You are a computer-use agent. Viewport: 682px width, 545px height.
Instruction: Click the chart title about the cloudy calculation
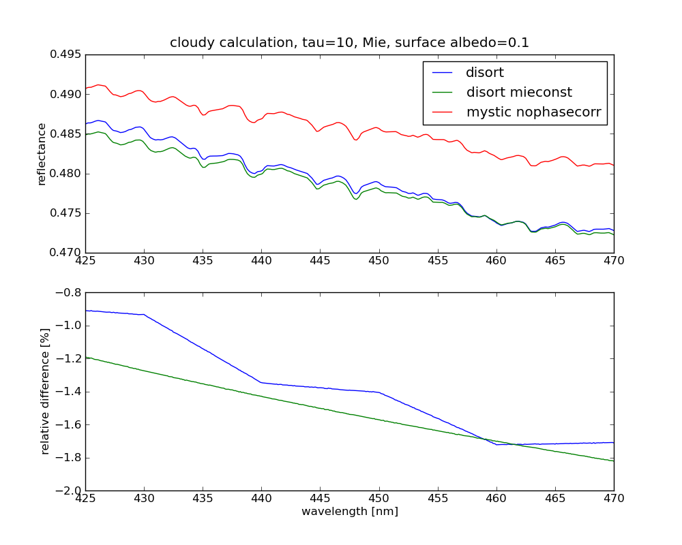coord(349,43)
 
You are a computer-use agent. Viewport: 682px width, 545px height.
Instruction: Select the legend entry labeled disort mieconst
coord(519,92)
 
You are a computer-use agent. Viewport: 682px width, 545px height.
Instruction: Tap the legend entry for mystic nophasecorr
coord(533,112)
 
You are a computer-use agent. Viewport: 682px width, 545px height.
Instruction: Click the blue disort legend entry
coord(485,72)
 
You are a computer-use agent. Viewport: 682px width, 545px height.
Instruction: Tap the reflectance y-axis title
coord(42,154)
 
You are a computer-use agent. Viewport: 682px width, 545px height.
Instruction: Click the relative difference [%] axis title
coord(46,391)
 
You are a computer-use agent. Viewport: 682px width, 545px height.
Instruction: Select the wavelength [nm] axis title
coord(349,512)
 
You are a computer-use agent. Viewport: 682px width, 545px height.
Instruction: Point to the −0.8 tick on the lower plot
coord(67,293)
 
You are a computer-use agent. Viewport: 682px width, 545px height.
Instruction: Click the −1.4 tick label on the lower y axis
coord(67,392)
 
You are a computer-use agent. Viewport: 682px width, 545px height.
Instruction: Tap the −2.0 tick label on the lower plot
coord(67,490)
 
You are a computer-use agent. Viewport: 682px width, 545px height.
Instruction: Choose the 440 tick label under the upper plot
coord(261,261)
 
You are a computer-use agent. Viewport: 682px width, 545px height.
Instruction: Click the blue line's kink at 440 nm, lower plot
coord(261,382)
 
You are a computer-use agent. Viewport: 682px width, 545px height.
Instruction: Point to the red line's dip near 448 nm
coord(355,140)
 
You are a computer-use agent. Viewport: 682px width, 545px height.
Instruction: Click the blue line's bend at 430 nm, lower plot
coord(144,314)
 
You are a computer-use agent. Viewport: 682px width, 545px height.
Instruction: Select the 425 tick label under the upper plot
coord(85,261)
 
